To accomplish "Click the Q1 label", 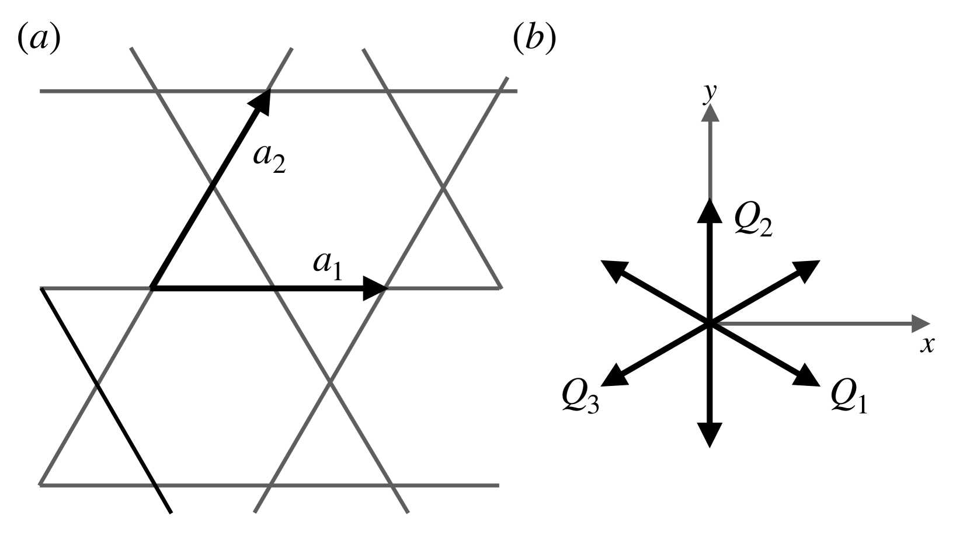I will click(849, 398).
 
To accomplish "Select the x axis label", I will click(927, 344).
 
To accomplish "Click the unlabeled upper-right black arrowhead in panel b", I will click(808, 270).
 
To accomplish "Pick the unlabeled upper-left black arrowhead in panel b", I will click(613, 270).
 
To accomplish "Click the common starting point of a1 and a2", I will click(152, 288).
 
